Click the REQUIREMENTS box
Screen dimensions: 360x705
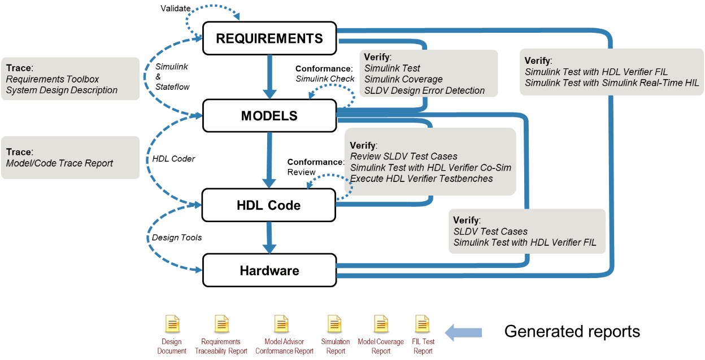pyautogui.click(x=269, y=38)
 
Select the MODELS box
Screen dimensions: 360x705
pyautogui.click(x=269, y=116)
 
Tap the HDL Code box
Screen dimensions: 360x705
pyautogui.click(x=269, y=205)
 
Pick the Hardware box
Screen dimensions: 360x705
pyautogui.click(x=269, y=270)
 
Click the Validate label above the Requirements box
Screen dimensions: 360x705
pyautogui.click(x=176, y=8)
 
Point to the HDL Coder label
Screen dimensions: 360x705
pyautogui.click(x=173, y=159)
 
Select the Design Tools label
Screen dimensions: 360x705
pyautogui.click(x=177, y=237)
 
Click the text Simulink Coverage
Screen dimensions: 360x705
pyautogui.click(x=403, y=79)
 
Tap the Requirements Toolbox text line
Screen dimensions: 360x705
pyautogui.click(x=53, y=79)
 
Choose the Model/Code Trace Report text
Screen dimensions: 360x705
pyautogui.click(x=59, y=163)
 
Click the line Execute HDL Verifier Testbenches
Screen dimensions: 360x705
pyautogui.click(x=421, y=179)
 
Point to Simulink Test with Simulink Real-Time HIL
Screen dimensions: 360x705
pyautogui.click(x=612, y=83)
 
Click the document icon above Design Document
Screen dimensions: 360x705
pyautogui.click(x=172, y=324)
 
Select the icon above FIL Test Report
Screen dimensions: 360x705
pyautogui.click(x=422, y=324)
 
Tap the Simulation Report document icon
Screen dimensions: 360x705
pyautogui.click(x=335, y=324)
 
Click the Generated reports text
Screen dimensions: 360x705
pyautogui.click(x=572, y=331)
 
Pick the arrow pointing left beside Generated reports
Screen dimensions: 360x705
pyautogui.click(x=463, y=332)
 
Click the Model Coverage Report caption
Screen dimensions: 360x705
pyautogui.click(x=381, y=346)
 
